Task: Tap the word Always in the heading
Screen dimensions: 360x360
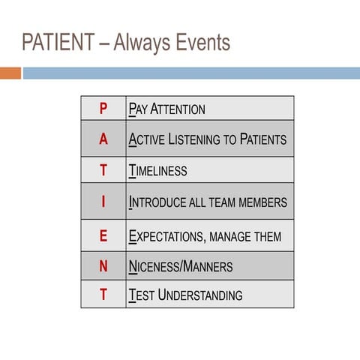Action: click(x=138, y=43)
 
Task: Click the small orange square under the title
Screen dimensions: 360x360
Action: click(x=10, y=73)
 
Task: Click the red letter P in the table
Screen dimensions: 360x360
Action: click(x=103, y=109)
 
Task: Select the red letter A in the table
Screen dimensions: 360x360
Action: click(x=103, y=139)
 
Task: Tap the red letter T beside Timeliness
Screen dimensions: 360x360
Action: click(x=103, y=170)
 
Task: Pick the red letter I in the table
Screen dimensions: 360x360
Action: click(x=103, y=202)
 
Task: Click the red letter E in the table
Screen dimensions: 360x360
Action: click(x=103, y=236)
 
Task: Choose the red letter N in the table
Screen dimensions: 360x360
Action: click(x=103, y=266)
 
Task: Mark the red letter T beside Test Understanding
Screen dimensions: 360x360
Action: click(x=103, y=295)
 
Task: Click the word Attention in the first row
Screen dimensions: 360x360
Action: click(x=178, y=109)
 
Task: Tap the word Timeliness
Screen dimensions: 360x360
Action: click(x=158, y=171)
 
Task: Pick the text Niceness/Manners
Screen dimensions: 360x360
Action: click(x=181, y=267)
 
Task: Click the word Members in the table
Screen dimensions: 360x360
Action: click(x=259, y=202)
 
